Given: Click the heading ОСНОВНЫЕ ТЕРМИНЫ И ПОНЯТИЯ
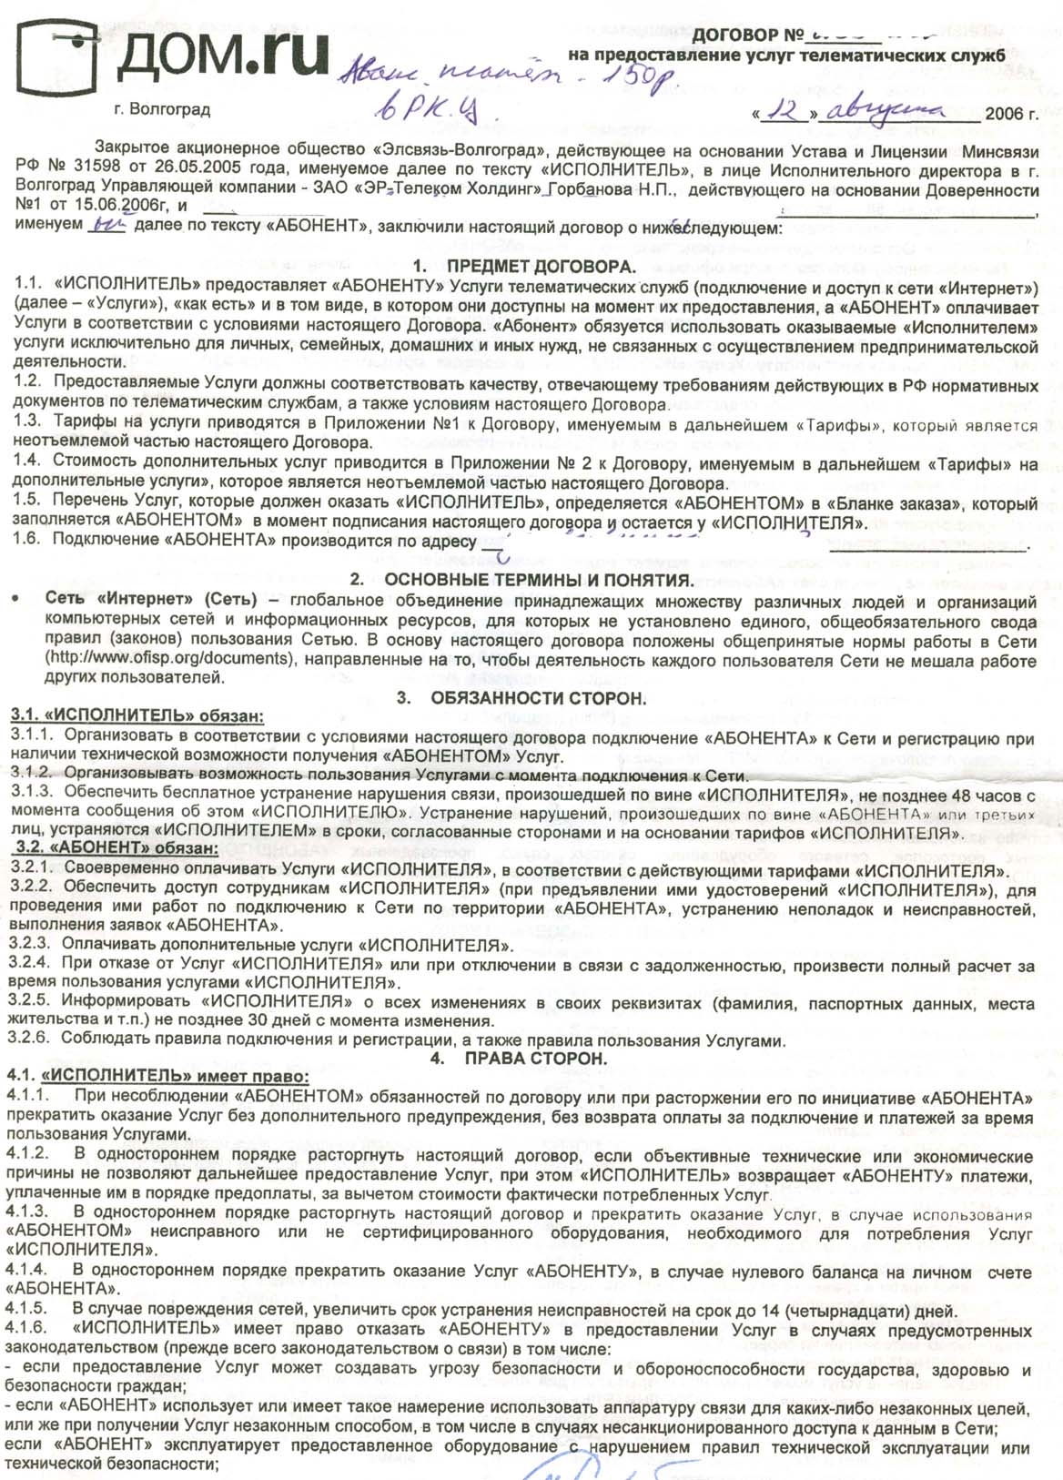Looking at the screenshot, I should [x=539, y=581].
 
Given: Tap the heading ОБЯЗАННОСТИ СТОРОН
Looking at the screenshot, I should [x=538, y=699].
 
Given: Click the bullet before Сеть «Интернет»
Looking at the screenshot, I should [x=15, y=601].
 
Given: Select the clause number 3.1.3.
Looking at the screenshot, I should [x=32, y=792].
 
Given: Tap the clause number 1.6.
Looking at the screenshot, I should [x=28, y=539].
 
